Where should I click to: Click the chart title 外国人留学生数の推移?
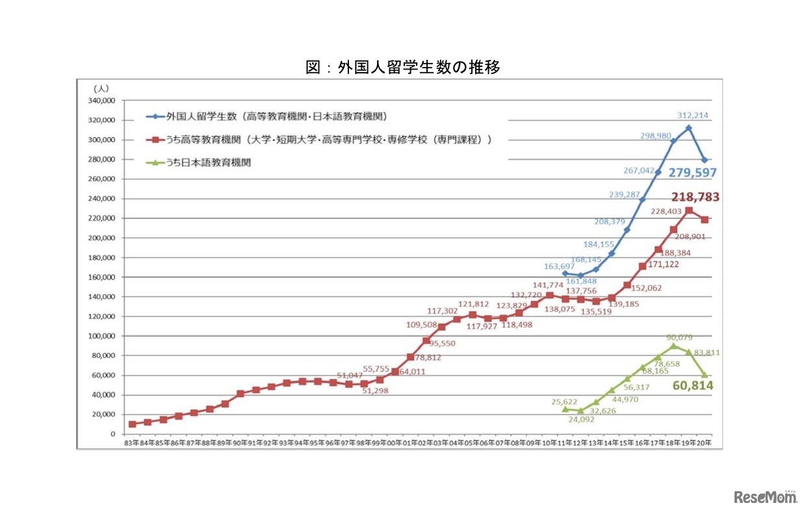point(403,67)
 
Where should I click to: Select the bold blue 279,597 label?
point(690,173)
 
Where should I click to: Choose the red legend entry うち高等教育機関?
point(318,140)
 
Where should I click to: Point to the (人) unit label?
point(102,88)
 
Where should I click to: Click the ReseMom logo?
point(765,497)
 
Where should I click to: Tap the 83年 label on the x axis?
point(132,442)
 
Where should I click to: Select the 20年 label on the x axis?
point(704,442)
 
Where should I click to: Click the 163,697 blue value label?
point(561,266)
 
